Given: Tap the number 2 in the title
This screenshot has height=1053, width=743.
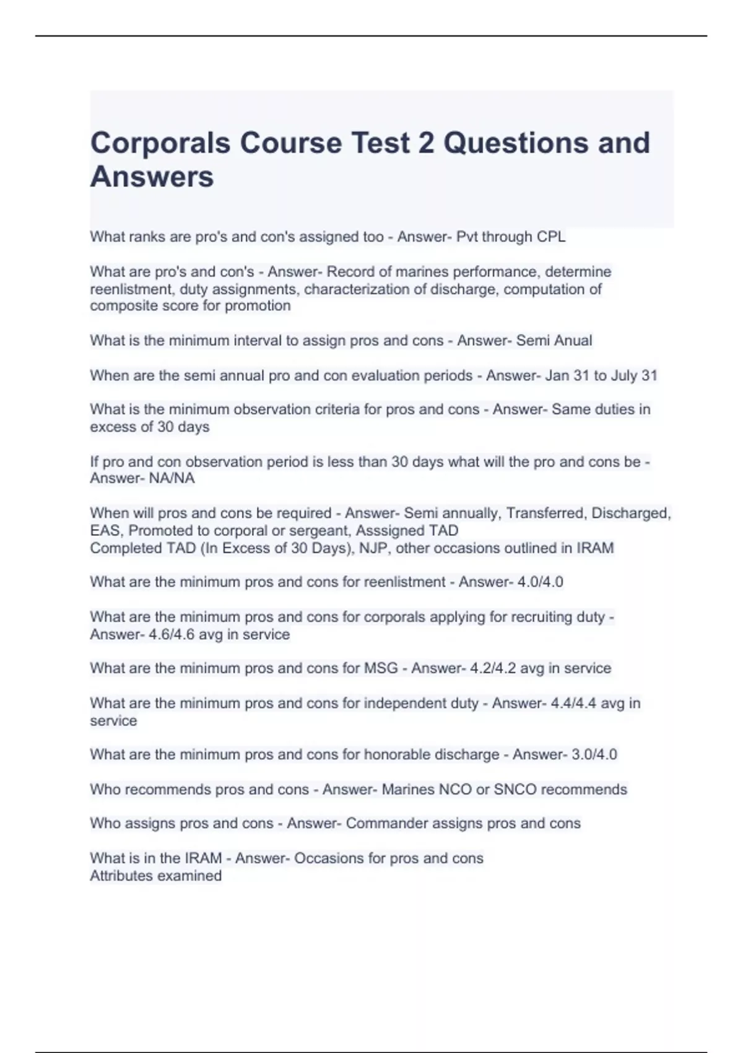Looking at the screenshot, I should (426, 143).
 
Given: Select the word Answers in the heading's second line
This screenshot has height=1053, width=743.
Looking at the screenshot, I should (152, 177).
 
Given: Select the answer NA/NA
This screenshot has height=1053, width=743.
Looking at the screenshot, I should (172, 478).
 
